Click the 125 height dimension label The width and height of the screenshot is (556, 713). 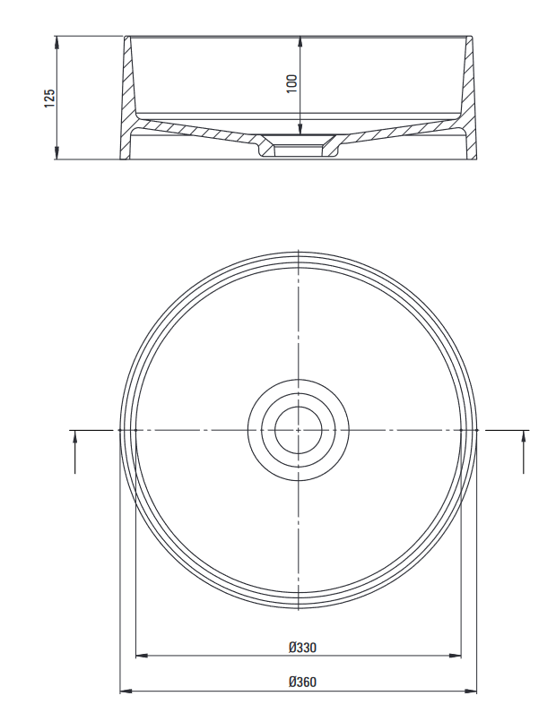(49, 98)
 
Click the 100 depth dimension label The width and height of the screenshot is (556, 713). (291, 83)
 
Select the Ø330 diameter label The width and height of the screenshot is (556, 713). (302, 647)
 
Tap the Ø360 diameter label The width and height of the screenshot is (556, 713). (302, 682)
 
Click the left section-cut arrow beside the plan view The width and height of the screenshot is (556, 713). (75, 451)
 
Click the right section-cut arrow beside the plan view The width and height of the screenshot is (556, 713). (524, 451)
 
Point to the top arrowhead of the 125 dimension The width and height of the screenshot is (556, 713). (56, 42)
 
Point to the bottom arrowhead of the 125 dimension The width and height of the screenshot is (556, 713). (56, 153)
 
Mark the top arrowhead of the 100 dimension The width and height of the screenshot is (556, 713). (300, 42)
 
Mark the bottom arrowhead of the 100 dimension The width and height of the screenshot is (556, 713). (300, 129)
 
